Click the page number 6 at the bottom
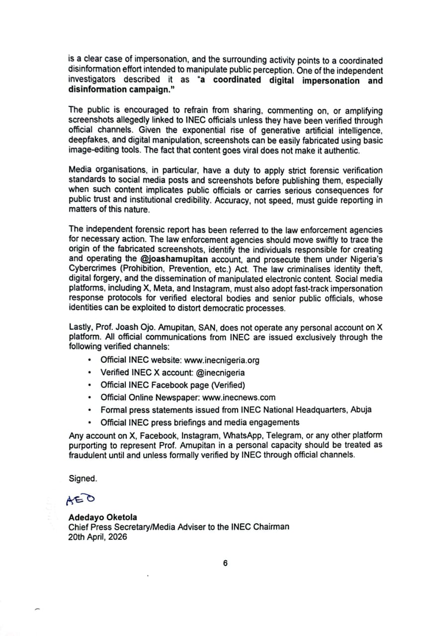point(225,563)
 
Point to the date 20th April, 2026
point(97,537)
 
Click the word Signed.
point(83,478)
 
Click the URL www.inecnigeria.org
point(222,360)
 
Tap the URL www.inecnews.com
point(239,397)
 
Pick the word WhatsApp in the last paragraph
point(241,435)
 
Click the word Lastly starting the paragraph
point(81,327)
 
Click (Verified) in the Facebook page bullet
point(228,385)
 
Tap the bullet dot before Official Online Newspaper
point(89,398)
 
